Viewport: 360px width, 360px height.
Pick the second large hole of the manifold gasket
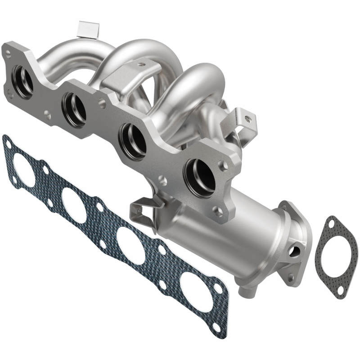pyautogui.click(x=74, y=205)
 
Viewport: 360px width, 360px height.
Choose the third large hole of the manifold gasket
pyautogui.click(x=130, y=245)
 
